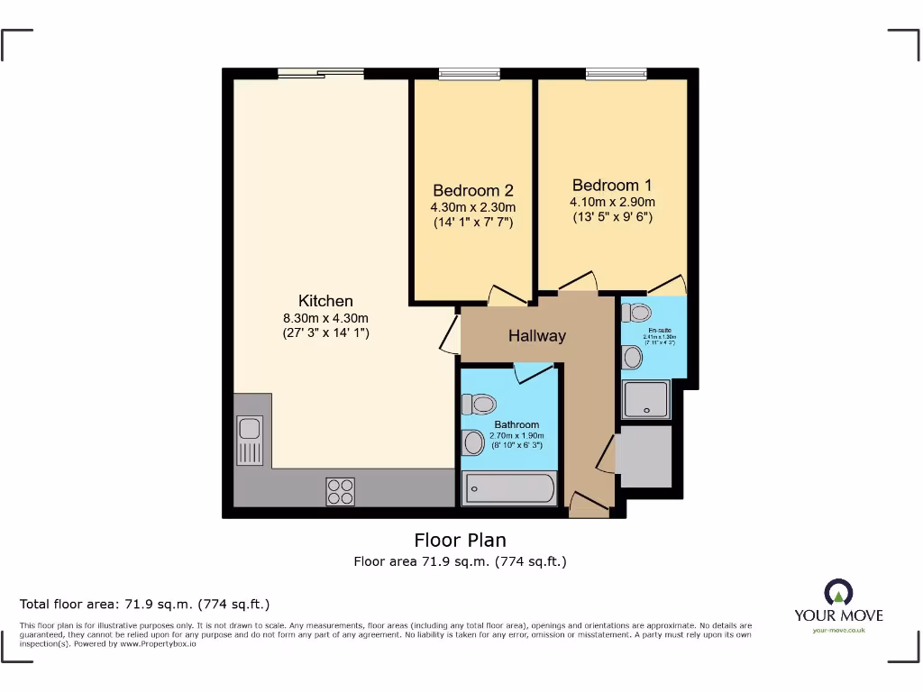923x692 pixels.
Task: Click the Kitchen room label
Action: click(x=325, y=301)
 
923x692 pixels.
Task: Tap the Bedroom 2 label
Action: click(x=472, y=190)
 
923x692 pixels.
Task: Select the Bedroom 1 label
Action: click(x=612, y=186)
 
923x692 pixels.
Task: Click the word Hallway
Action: click(x=537, y=336)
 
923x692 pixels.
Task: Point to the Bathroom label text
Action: click(x=516, y=424)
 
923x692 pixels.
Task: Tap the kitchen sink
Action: click(x=250, y=440)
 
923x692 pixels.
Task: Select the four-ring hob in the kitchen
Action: click(x=341, y=491)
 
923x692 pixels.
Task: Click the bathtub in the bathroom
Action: click(x=508, y=488)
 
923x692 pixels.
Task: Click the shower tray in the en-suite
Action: click(x=646, y=399)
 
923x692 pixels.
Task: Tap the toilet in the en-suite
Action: click(x=637, y=313)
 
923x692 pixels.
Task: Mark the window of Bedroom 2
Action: click(x=469, y=75)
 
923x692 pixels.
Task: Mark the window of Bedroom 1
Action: click(x=616, y=75)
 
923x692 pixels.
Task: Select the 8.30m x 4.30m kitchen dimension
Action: click(x=325, y=317)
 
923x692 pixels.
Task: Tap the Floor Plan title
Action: click(x=460, y=540)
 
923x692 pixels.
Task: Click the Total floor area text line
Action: click(x=145, y=604)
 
